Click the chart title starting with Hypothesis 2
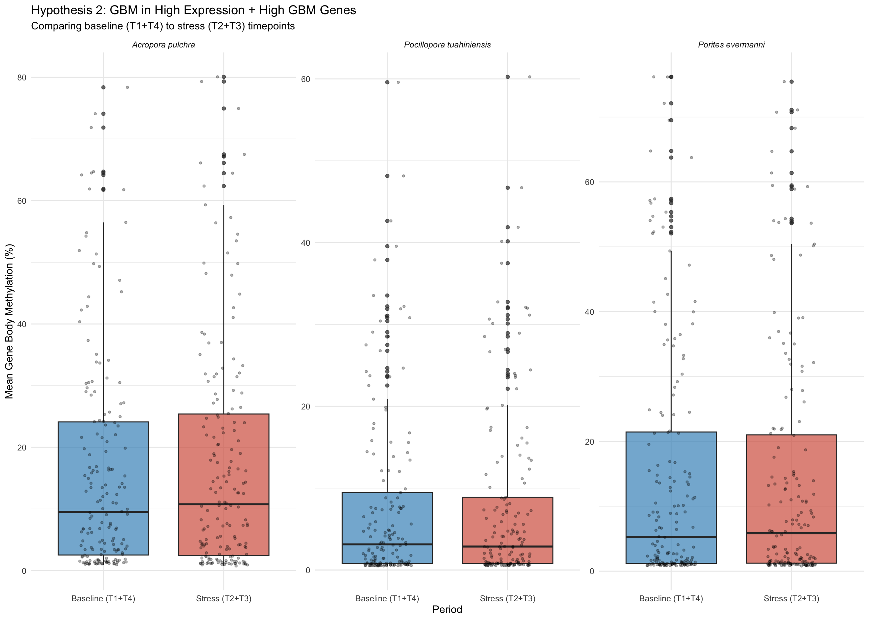(x=193, y=10)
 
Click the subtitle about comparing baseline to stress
(x=163, y=26)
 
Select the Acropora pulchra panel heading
(x=164, y=45)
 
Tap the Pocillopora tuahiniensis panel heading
(x=447, y=45)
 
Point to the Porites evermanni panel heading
(x=731, y=45)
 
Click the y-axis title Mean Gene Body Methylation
(x=9, y=321)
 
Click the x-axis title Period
(x=447, y=609)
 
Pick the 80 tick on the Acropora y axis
(x=22, y=78)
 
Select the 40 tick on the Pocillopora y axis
(x=305, y=243)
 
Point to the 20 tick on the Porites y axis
(x=589, y=442)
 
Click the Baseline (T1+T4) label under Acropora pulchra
(x=103, y=598)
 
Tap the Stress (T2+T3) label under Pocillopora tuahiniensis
(x=508, y=598)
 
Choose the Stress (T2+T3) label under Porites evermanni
(x=791, y=598)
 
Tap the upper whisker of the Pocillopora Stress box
(x=508, y=450)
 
